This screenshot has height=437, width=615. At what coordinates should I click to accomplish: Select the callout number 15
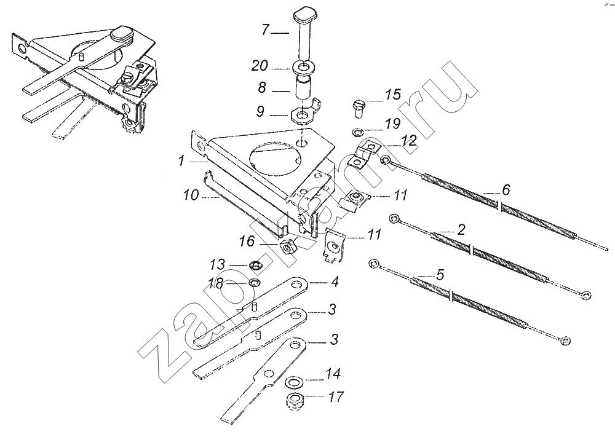[x=393, y=95]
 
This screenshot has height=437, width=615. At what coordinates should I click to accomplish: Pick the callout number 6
[x=505, y=190]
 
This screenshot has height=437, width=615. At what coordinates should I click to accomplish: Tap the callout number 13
[x=218, y=265]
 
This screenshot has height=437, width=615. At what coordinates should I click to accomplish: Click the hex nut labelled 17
[x=294, y=402]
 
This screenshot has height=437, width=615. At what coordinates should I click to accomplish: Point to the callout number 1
[x=181, y=161]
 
